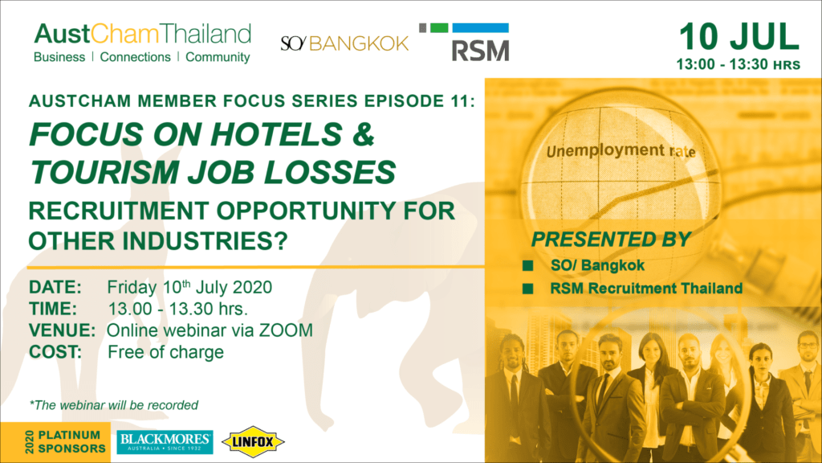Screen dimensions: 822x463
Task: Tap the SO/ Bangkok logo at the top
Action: pos(344,43)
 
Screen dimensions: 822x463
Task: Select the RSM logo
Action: pos(464,42)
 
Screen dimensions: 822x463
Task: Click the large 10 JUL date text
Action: pos(739,37)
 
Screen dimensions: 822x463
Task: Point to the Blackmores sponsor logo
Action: pos(165,443)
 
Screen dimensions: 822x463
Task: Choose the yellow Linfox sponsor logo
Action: pos(253,442)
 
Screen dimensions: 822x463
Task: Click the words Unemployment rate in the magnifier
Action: pos(621,151)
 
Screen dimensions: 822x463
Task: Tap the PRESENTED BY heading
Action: pos(611,240)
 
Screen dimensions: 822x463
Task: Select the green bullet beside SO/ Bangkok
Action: pos(528,265)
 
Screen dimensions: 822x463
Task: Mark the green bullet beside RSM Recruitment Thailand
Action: pos(528,289)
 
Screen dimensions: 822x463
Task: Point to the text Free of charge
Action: pos(165,352)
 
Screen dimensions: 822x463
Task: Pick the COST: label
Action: pos(55,352)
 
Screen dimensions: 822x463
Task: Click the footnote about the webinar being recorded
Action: pos(114,405)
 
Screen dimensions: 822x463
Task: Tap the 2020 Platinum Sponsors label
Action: pos(65,442)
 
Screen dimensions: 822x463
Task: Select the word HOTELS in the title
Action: pos(277,134)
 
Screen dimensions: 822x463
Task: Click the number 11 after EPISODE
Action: pos(462,100)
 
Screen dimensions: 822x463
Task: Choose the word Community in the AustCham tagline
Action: pos(218,57)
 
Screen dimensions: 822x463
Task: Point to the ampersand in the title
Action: pos(364,134)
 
